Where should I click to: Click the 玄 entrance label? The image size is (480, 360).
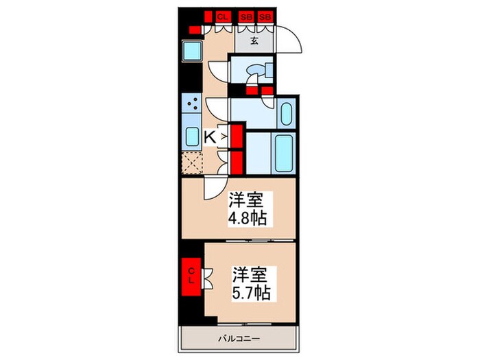(x=254, y=40)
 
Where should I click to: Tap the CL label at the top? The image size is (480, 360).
(x=223, y=16)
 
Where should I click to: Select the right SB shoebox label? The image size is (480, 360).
(x=266, y=16)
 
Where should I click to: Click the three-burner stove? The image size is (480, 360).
(x=193, y=104)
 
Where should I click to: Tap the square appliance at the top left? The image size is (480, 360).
(x=192, y=50)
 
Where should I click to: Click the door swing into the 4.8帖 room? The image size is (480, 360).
(x=214, y=185)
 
